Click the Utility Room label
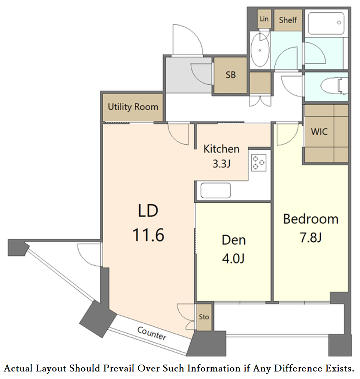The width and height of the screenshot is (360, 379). [x=133, y=107]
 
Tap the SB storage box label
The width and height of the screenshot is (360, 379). [x=231, y=75]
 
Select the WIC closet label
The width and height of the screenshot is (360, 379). [x=319, y=132]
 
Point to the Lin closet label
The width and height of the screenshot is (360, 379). [x=264, y=19]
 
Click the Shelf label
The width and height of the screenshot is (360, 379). [x=288, y=20]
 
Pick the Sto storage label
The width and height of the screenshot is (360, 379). [x=204, y=317]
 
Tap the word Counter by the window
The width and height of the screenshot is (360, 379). [x=152, y=333]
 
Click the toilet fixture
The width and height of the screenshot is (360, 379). [x=334, y=86]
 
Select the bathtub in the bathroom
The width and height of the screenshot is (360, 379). [x=326, y=23]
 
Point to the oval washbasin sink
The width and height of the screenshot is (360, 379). [x=260, y=50]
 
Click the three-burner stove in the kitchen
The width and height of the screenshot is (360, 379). [x=259, y=163]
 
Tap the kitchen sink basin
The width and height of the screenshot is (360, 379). [x=216, y=191]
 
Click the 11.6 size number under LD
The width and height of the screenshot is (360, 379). [x=148, y=235]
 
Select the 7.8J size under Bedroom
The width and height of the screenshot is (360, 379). [x=310, y=237]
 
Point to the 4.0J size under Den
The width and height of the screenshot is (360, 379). [x=234, y=258]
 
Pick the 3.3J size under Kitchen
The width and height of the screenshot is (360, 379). [x=222, y=164]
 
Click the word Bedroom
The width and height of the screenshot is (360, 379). [x=311, y=219]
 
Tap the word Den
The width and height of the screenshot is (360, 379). [x=234, y=240]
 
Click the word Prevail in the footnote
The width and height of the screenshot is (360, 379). [x=119, y=368]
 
